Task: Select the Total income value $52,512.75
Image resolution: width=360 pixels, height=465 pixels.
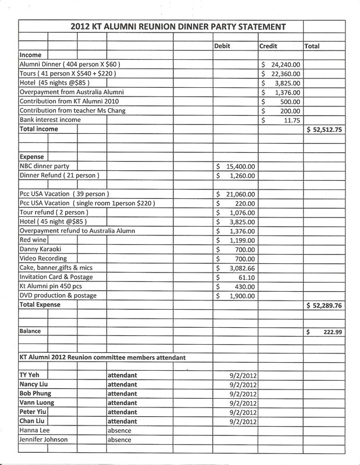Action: tap(332, 130)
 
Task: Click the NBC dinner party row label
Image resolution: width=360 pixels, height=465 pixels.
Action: tap(44, 166)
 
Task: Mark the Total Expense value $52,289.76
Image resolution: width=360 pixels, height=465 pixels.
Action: tap(332, 305)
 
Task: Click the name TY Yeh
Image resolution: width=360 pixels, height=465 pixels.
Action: tap(29, 375)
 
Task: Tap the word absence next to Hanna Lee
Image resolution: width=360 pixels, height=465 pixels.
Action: tap(119, 431)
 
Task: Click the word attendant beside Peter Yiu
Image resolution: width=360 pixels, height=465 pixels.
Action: tap(122, 412)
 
